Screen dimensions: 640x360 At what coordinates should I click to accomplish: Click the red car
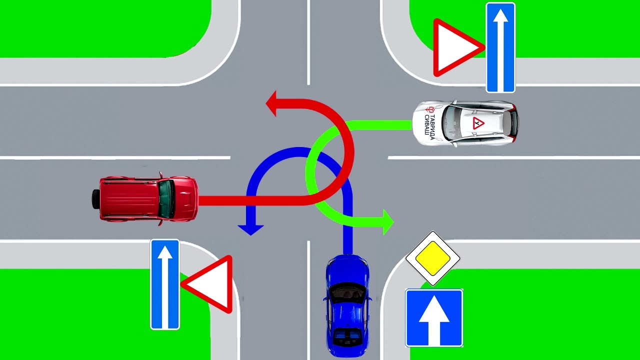(x=148, y=198)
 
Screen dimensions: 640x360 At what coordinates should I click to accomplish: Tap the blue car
(x=348, y=303)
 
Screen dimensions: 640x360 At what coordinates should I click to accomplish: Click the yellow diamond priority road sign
(x=432, y=258)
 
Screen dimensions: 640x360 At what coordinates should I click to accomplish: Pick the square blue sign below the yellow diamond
(x=433, y=318)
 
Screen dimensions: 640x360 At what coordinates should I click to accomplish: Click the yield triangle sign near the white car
(x=455, y=48)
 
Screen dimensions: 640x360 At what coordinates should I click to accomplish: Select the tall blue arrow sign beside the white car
(x=500, y=47)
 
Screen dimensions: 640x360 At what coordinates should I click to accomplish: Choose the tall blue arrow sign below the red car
(x=165, y=284)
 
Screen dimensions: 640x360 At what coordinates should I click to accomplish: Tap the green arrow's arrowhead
(x=387, y=222)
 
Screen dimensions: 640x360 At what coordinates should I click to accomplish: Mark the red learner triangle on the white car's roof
(x=478, y=123)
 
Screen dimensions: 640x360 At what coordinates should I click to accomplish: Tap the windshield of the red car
(x=166, y=198)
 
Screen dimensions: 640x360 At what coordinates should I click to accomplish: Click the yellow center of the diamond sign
(x=432, y=258)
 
